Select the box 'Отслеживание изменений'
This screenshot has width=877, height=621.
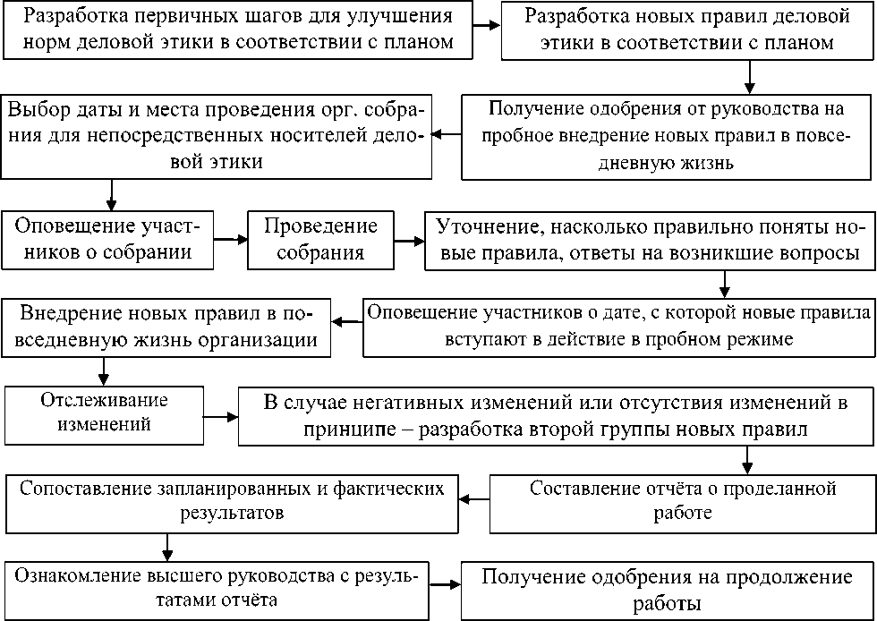click(104, 411)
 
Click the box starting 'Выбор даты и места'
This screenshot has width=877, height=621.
click(218, 136)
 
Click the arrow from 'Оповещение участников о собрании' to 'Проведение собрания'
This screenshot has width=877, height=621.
click(231, 240)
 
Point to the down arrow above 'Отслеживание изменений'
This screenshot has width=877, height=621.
click(104, 368)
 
